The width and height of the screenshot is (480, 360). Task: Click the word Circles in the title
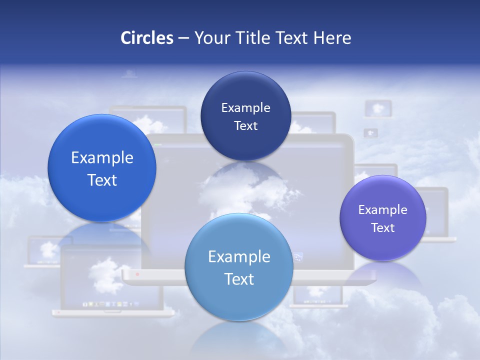pos(146,38)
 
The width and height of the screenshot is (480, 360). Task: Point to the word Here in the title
pos(332,38)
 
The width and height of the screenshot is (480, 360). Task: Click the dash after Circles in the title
pos(183,38)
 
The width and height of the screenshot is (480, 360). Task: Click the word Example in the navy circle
pos(245,107)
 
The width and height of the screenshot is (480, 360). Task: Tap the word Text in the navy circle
pos(245,125)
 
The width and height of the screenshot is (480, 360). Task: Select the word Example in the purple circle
pos(382,209)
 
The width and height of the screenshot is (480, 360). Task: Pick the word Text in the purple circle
pos(383,227)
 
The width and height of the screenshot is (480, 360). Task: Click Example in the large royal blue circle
pos(102,157)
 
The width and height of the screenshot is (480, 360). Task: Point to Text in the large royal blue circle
pos(102,180)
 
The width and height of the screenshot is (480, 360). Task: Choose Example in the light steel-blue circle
pos(239,256)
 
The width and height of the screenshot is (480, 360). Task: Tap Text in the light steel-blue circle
pos(239,279)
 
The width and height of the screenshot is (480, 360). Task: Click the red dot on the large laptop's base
pos(137,274)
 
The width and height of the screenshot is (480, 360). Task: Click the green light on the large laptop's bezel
pos(158,145)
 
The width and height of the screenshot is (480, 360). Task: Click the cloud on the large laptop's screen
pos(245,192)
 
